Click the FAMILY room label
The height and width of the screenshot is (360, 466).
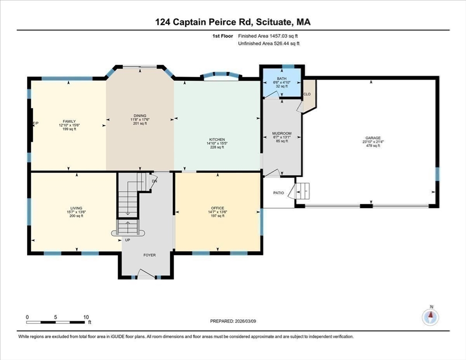[69, 121]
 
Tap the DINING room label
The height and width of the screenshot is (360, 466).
[140, 116]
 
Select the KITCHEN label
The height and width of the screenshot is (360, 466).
[217, 140]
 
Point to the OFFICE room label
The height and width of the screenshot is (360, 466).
[218, 208]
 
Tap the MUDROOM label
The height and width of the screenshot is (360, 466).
[282, 134]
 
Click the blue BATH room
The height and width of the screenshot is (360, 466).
[281, 83]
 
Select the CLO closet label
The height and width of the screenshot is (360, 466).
[307, 94]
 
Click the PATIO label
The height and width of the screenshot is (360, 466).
[278, 193]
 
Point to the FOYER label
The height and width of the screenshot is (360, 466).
[149, 255]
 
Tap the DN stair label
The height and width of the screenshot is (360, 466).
[154, 180]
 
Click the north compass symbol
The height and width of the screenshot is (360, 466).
[430, 317]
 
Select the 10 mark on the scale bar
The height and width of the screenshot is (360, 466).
[86, 317]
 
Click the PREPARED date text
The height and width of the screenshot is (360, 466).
[233, 321]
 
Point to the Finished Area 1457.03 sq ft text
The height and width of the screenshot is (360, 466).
[269, 36]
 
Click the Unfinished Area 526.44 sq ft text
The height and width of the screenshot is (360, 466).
[269, 44]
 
